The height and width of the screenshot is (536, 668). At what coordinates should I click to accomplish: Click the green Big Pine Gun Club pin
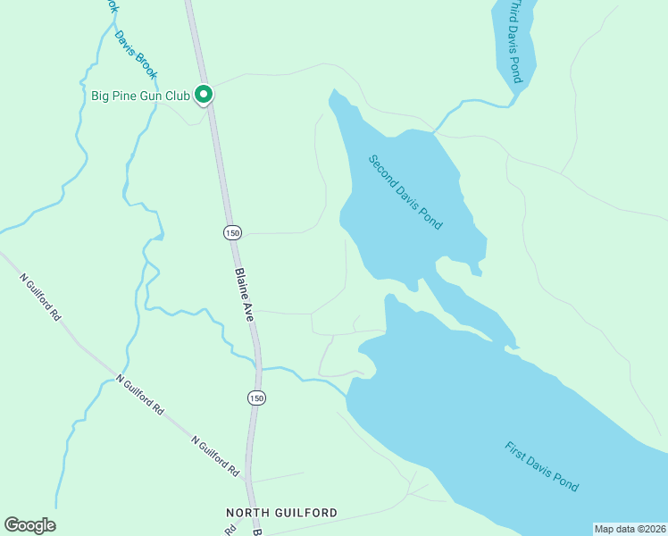[203, 93]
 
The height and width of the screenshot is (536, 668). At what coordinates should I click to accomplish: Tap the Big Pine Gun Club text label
[140, 95]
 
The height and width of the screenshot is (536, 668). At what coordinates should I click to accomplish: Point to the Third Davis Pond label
[514, 41]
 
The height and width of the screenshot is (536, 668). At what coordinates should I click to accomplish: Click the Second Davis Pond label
[406, 192]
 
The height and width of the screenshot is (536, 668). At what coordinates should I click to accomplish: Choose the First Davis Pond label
[541, 466]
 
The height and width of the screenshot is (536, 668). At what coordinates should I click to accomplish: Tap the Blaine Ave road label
[244, 295]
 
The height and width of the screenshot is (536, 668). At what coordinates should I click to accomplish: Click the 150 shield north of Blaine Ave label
[232, 232]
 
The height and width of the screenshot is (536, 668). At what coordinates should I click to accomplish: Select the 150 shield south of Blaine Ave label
[256, 398]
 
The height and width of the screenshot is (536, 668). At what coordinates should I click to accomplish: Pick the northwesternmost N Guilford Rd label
[40, 297]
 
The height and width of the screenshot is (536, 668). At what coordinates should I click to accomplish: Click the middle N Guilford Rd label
[140, 394]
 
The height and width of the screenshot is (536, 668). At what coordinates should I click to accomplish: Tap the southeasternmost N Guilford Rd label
[215, 455]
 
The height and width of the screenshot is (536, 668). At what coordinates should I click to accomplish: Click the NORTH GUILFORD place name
[281, 513]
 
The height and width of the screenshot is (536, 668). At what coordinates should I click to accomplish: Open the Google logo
[30, 525]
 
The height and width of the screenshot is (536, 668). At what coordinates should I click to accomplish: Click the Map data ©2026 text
[630, 529]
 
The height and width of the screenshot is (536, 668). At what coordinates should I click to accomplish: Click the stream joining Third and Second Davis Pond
[469, 105]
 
